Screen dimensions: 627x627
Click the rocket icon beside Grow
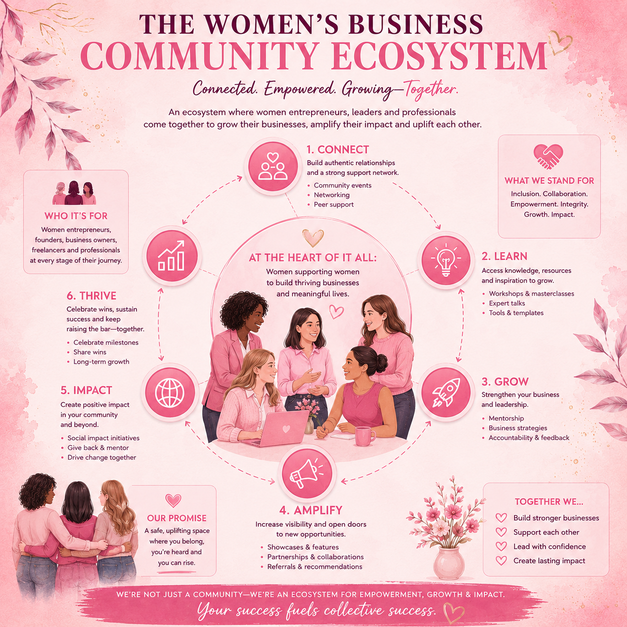[446, 392]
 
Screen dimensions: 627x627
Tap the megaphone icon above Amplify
[306, 472]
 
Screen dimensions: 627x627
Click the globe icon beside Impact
[170, 392]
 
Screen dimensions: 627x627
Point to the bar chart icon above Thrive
[171, 255]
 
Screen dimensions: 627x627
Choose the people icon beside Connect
[272, 166]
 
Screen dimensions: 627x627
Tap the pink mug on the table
[364, 436]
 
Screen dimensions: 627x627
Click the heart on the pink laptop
[286, 428]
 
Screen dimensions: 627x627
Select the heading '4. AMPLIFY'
[310, 510]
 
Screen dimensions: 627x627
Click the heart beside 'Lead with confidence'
[501, 546]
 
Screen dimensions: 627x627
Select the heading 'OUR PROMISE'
[176, 518]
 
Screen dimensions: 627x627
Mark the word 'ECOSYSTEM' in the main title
[439, 55]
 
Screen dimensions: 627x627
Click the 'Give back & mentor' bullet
[98, 447]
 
